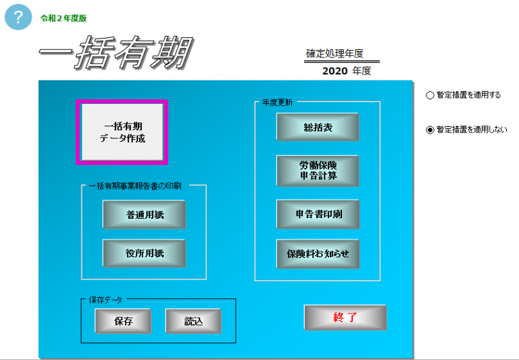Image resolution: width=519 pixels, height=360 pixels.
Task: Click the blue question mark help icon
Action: (18, 17)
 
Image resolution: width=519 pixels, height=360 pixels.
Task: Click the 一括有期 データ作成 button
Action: (122, 132)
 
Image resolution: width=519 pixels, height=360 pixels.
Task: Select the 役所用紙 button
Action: (145, 253)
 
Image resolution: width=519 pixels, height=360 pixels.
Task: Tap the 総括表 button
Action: (318, 127)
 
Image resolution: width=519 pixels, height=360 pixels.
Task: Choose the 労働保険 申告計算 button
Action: (318, 170)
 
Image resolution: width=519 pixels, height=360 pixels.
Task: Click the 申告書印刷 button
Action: (318, 214)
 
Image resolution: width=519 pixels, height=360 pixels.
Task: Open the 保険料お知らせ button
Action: (318, 254)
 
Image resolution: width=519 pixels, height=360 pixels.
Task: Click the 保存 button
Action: (123, 321)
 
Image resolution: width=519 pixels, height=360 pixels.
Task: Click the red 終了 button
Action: (345, 317)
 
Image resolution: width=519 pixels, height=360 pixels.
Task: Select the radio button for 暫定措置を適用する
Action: (430, 95)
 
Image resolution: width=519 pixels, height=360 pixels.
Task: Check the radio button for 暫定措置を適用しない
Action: (430, 130)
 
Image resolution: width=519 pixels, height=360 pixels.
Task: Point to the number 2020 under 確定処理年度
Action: (335, 71)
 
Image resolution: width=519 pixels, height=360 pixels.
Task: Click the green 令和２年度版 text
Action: (64, 18)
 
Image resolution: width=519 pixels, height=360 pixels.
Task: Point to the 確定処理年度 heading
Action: (335, 53)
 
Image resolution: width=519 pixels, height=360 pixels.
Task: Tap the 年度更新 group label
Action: (277, 103)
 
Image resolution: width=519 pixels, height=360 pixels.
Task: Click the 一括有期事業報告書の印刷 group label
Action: (135, 186)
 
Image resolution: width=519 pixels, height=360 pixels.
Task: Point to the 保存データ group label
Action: (105, 300)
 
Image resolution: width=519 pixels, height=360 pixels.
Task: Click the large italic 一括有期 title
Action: (116, 53)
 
